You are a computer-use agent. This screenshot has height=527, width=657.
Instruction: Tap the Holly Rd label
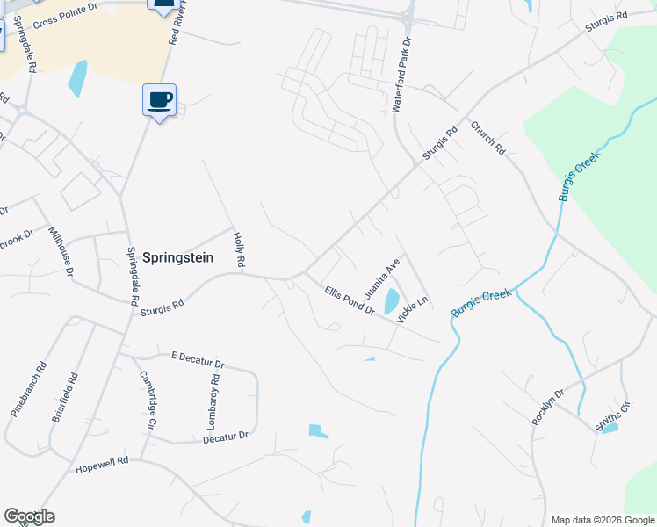pos(238,250)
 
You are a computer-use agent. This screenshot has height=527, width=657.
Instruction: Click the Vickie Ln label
pos(411,310)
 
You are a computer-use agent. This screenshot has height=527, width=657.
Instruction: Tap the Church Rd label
pos(487,138)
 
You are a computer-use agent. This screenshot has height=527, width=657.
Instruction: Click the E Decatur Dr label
pos(199,359)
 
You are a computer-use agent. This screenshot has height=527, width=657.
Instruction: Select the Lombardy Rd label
pos(212,401)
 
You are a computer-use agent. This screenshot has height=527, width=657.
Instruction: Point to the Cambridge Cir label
pos(147,399)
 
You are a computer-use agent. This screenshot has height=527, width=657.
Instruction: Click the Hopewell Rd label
pos(102,461)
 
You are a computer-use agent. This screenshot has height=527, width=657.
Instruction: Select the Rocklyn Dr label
pos(545,405)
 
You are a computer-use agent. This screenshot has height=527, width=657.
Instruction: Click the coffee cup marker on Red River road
pos(159,100)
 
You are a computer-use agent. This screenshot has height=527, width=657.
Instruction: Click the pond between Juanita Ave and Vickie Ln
pos(391,302)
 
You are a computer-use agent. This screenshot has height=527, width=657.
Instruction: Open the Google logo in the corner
pos(29,516)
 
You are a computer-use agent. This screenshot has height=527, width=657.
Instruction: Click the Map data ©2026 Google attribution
pos(602,520)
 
